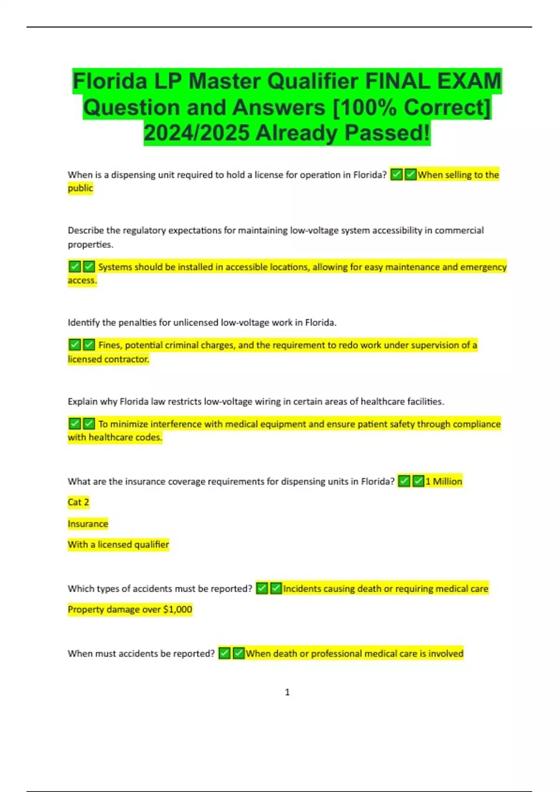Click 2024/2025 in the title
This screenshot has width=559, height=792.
pos(197,133)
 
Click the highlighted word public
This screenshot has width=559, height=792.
pos(80,188)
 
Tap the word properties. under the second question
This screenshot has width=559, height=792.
pos(90,245)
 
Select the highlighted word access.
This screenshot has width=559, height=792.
pos(82,280)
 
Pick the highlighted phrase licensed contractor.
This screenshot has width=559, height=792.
pos(108,359)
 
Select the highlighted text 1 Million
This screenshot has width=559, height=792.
pos(443,481)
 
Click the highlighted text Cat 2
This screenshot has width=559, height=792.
pos(78,502)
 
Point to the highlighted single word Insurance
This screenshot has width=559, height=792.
pos(88,524)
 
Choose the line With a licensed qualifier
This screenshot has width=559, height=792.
pos(118,545)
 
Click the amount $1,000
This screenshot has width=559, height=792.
pos(177,609)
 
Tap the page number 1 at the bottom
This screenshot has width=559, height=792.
pos(287,692)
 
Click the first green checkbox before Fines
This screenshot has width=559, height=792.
pos(75,345)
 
